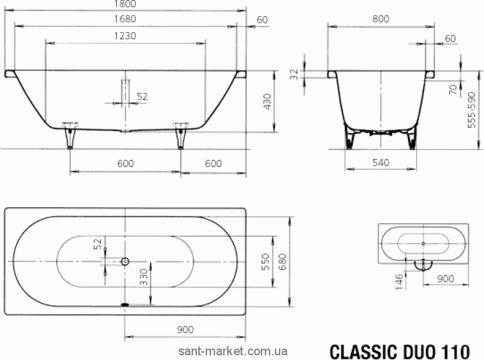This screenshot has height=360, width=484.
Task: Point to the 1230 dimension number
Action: (126, 36)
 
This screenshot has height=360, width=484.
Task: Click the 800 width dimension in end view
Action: (380, 20)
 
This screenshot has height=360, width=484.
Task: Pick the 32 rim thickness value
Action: (294, 74)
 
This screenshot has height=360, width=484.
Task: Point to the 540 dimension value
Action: (380, 163)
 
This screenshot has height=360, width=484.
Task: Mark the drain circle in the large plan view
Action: (125, 260)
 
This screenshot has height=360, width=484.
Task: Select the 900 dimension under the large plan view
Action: (185, 329)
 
